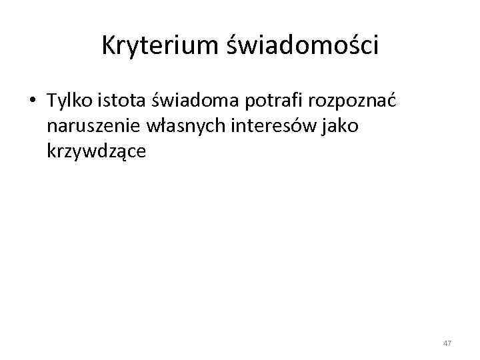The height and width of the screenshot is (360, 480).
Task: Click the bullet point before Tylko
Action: click(31, 101)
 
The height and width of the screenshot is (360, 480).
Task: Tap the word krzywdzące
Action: click(97, 151)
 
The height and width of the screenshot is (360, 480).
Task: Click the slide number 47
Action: click(447, 343)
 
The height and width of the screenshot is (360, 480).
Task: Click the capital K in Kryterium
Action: click(109, 45)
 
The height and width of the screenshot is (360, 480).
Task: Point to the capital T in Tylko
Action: click(51, 101)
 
